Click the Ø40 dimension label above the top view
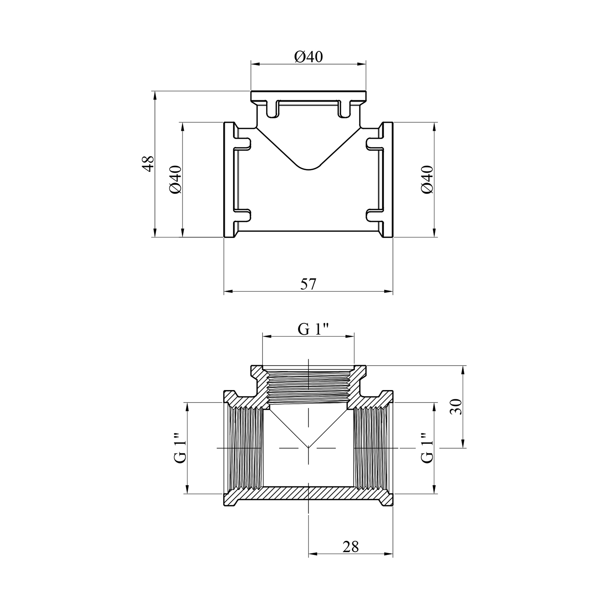(x=308, y=57)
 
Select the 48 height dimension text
(x=148, y=163)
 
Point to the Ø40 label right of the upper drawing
(x=427, y=179)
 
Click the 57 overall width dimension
(x=308, y=284)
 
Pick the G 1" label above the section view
(x=313, y=329)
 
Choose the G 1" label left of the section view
(x=180, y=447)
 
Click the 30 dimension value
(x=457, y=407)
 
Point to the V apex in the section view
(x=308, y=447)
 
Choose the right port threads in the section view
(x=371, y=447)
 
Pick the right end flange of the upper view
(x=388, y=180)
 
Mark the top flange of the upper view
(x=308, y=96)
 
